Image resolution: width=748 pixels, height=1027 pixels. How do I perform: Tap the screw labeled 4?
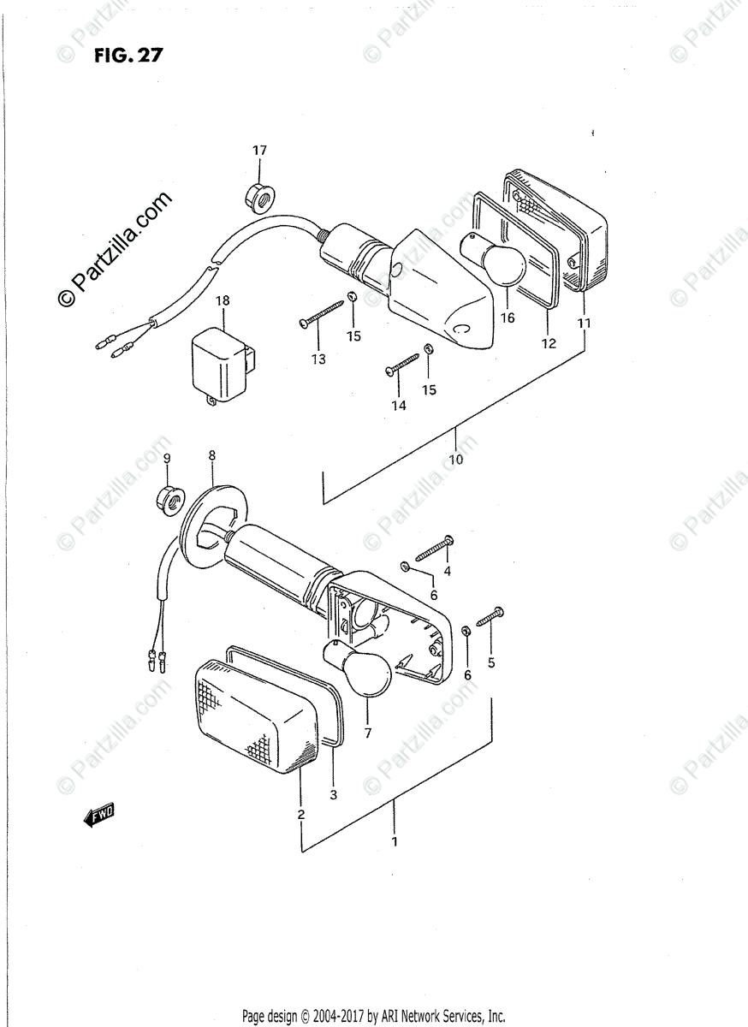433,550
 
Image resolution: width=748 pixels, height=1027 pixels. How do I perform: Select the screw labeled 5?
484,620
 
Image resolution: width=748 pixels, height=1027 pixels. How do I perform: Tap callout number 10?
455,460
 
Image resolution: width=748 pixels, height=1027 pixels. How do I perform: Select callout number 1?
395,842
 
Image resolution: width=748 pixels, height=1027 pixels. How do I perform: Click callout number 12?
549,343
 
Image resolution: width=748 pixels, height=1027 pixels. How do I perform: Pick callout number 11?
584,324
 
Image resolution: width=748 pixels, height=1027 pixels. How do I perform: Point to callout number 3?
334,794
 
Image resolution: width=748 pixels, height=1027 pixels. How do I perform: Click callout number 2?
300,814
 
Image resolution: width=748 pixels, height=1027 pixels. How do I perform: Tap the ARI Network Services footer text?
373,1017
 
